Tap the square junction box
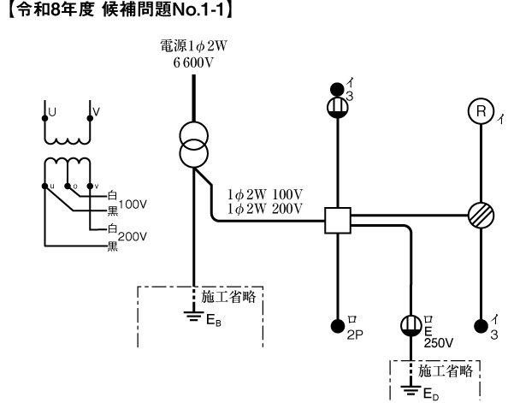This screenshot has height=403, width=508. (x=339, y=220)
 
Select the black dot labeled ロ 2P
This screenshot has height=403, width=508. (x=340, y=326)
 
